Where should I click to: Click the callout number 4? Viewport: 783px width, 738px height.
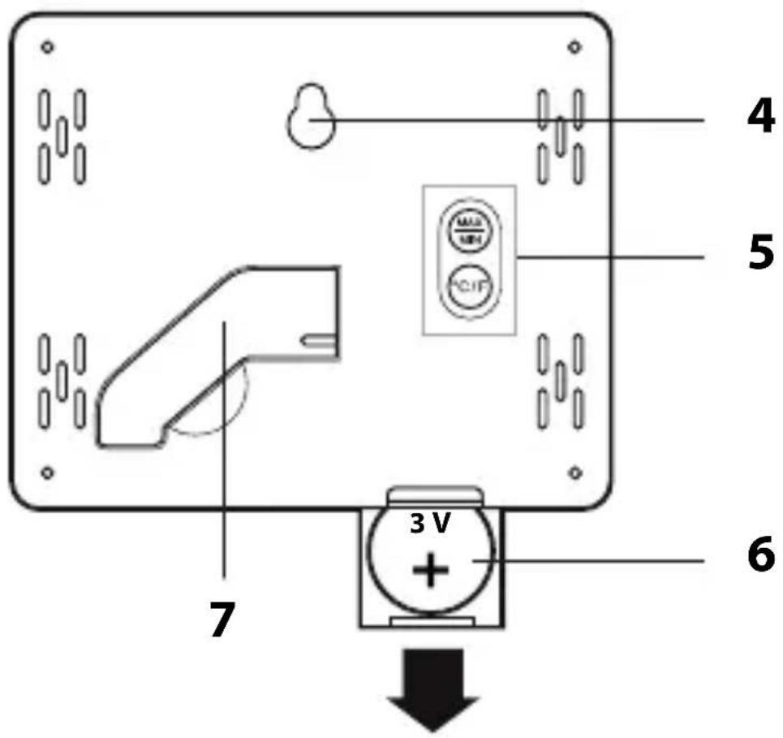(759, 119)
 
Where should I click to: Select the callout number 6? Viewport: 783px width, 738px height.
(759, 559)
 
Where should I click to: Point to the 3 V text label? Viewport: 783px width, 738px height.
(429, 525)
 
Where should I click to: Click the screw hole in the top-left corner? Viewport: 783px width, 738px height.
(48, 47)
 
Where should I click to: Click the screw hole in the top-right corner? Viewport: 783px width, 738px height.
(574, 47)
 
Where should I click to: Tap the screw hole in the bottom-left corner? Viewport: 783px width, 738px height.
(48, 472)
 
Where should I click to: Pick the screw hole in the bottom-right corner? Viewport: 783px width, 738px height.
(574, 472)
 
